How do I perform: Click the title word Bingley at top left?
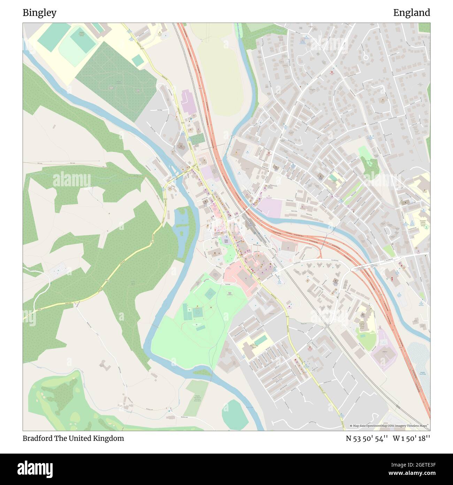tap(39, 13)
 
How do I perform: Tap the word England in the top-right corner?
tap(412, 13)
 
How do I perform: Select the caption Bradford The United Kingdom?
tap(73, 438)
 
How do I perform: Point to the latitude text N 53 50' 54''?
tap(367, 438)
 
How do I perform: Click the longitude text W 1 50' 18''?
tap(412, 438)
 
